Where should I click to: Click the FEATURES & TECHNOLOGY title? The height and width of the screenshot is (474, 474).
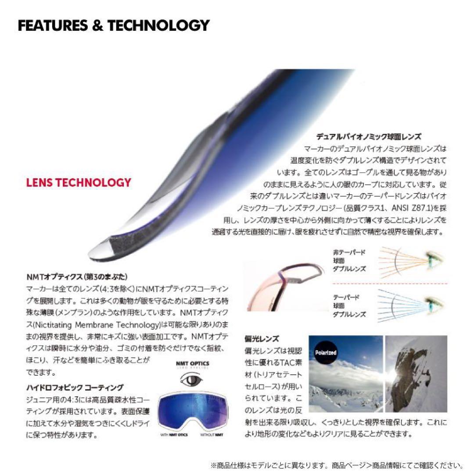coord(113,25)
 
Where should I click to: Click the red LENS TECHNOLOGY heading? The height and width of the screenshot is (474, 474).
coord(79,183)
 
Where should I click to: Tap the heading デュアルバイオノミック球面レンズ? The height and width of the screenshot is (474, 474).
coord(369,137)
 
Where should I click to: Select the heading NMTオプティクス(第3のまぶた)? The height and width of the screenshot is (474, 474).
coord(77,277)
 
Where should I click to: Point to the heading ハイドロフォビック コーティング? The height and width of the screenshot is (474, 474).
coord(75,387)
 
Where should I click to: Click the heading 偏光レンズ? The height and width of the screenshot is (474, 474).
coord(262,339)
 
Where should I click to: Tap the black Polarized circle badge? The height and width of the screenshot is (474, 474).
coord(326,352)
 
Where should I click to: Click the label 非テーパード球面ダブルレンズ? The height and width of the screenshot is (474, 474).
coord(349,260)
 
